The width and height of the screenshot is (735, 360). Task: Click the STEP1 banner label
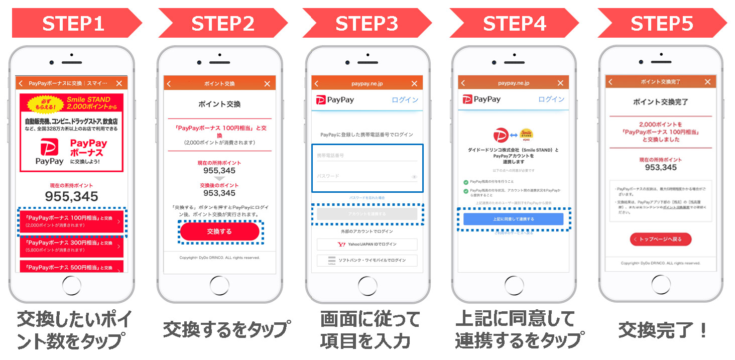pyautogui.click(x=73, y=24)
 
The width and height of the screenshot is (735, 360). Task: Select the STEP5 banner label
pyautogui.click(x=661, y=24)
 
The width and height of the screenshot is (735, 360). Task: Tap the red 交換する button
pyautogui.click(x=219, y=231)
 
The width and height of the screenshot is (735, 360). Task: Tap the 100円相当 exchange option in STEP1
pyautogui.click(x=71, y=221)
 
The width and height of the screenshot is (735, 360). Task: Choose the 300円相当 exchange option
pyautogui.click(x=71, y=246)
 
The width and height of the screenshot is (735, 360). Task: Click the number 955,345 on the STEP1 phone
pyautogui.click(x=71, y=196)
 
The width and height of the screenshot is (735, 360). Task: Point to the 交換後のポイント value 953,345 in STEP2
pyautogui.click(x=219, y=193)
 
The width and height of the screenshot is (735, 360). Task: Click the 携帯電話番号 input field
pyautogui.click(x=366, y=156)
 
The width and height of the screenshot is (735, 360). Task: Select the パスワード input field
pyautogui.click(x=366, y=176)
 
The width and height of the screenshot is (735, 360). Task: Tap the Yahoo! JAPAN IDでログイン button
pyautogui.click(x=366, y=244)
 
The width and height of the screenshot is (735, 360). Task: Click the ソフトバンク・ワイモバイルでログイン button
pyautogui.click(x=366, y=260)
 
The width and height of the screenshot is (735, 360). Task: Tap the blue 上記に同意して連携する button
pyautogui.click(x=513, y=219)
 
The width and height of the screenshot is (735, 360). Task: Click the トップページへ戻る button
pyautogui.click(x=660, y=239)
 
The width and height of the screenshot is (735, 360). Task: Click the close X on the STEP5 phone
pyautogui.click(x=707, y=82)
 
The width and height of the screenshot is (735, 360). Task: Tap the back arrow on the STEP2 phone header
pyautogui.click(x=169, y=84)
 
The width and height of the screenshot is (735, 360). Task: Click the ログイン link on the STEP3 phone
pyautogui.click(x=405, y=100)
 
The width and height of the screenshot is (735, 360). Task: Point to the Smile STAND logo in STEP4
pyautogui.click(x=526, y=135)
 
